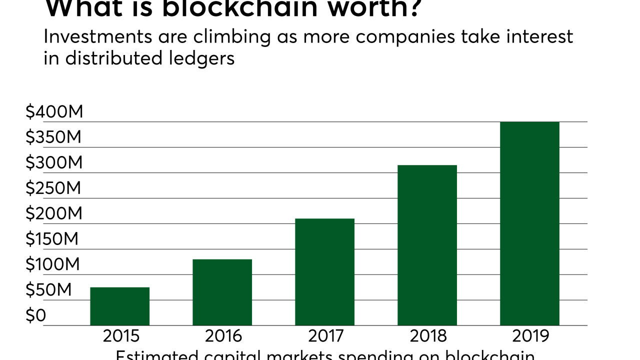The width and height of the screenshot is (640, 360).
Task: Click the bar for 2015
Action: [119, 306]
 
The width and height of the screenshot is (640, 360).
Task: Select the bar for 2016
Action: [222, 292]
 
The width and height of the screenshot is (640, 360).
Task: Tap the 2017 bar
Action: [324, 272]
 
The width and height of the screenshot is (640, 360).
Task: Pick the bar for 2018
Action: [427, 245]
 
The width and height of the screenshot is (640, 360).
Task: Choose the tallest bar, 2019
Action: [529, 223]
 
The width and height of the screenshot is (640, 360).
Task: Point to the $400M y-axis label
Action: [54, 112]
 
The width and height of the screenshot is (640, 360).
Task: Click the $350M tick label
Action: [53, 137]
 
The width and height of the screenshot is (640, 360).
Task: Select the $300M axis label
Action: [53, 163]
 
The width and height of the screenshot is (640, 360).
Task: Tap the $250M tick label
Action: [53, 188]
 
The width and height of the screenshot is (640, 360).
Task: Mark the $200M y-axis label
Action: [53, 214]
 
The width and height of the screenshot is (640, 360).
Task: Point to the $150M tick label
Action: [52, 239]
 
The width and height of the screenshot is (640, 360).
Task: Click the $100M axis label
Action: [52, 264]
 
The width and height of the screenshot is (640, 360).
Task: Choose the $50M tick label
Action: [49, 290]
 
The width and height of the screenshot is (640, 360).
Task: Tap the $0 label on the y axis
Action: [35, 315]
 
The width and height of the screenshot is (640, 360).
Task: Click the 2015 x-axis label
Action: [120, 336]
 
